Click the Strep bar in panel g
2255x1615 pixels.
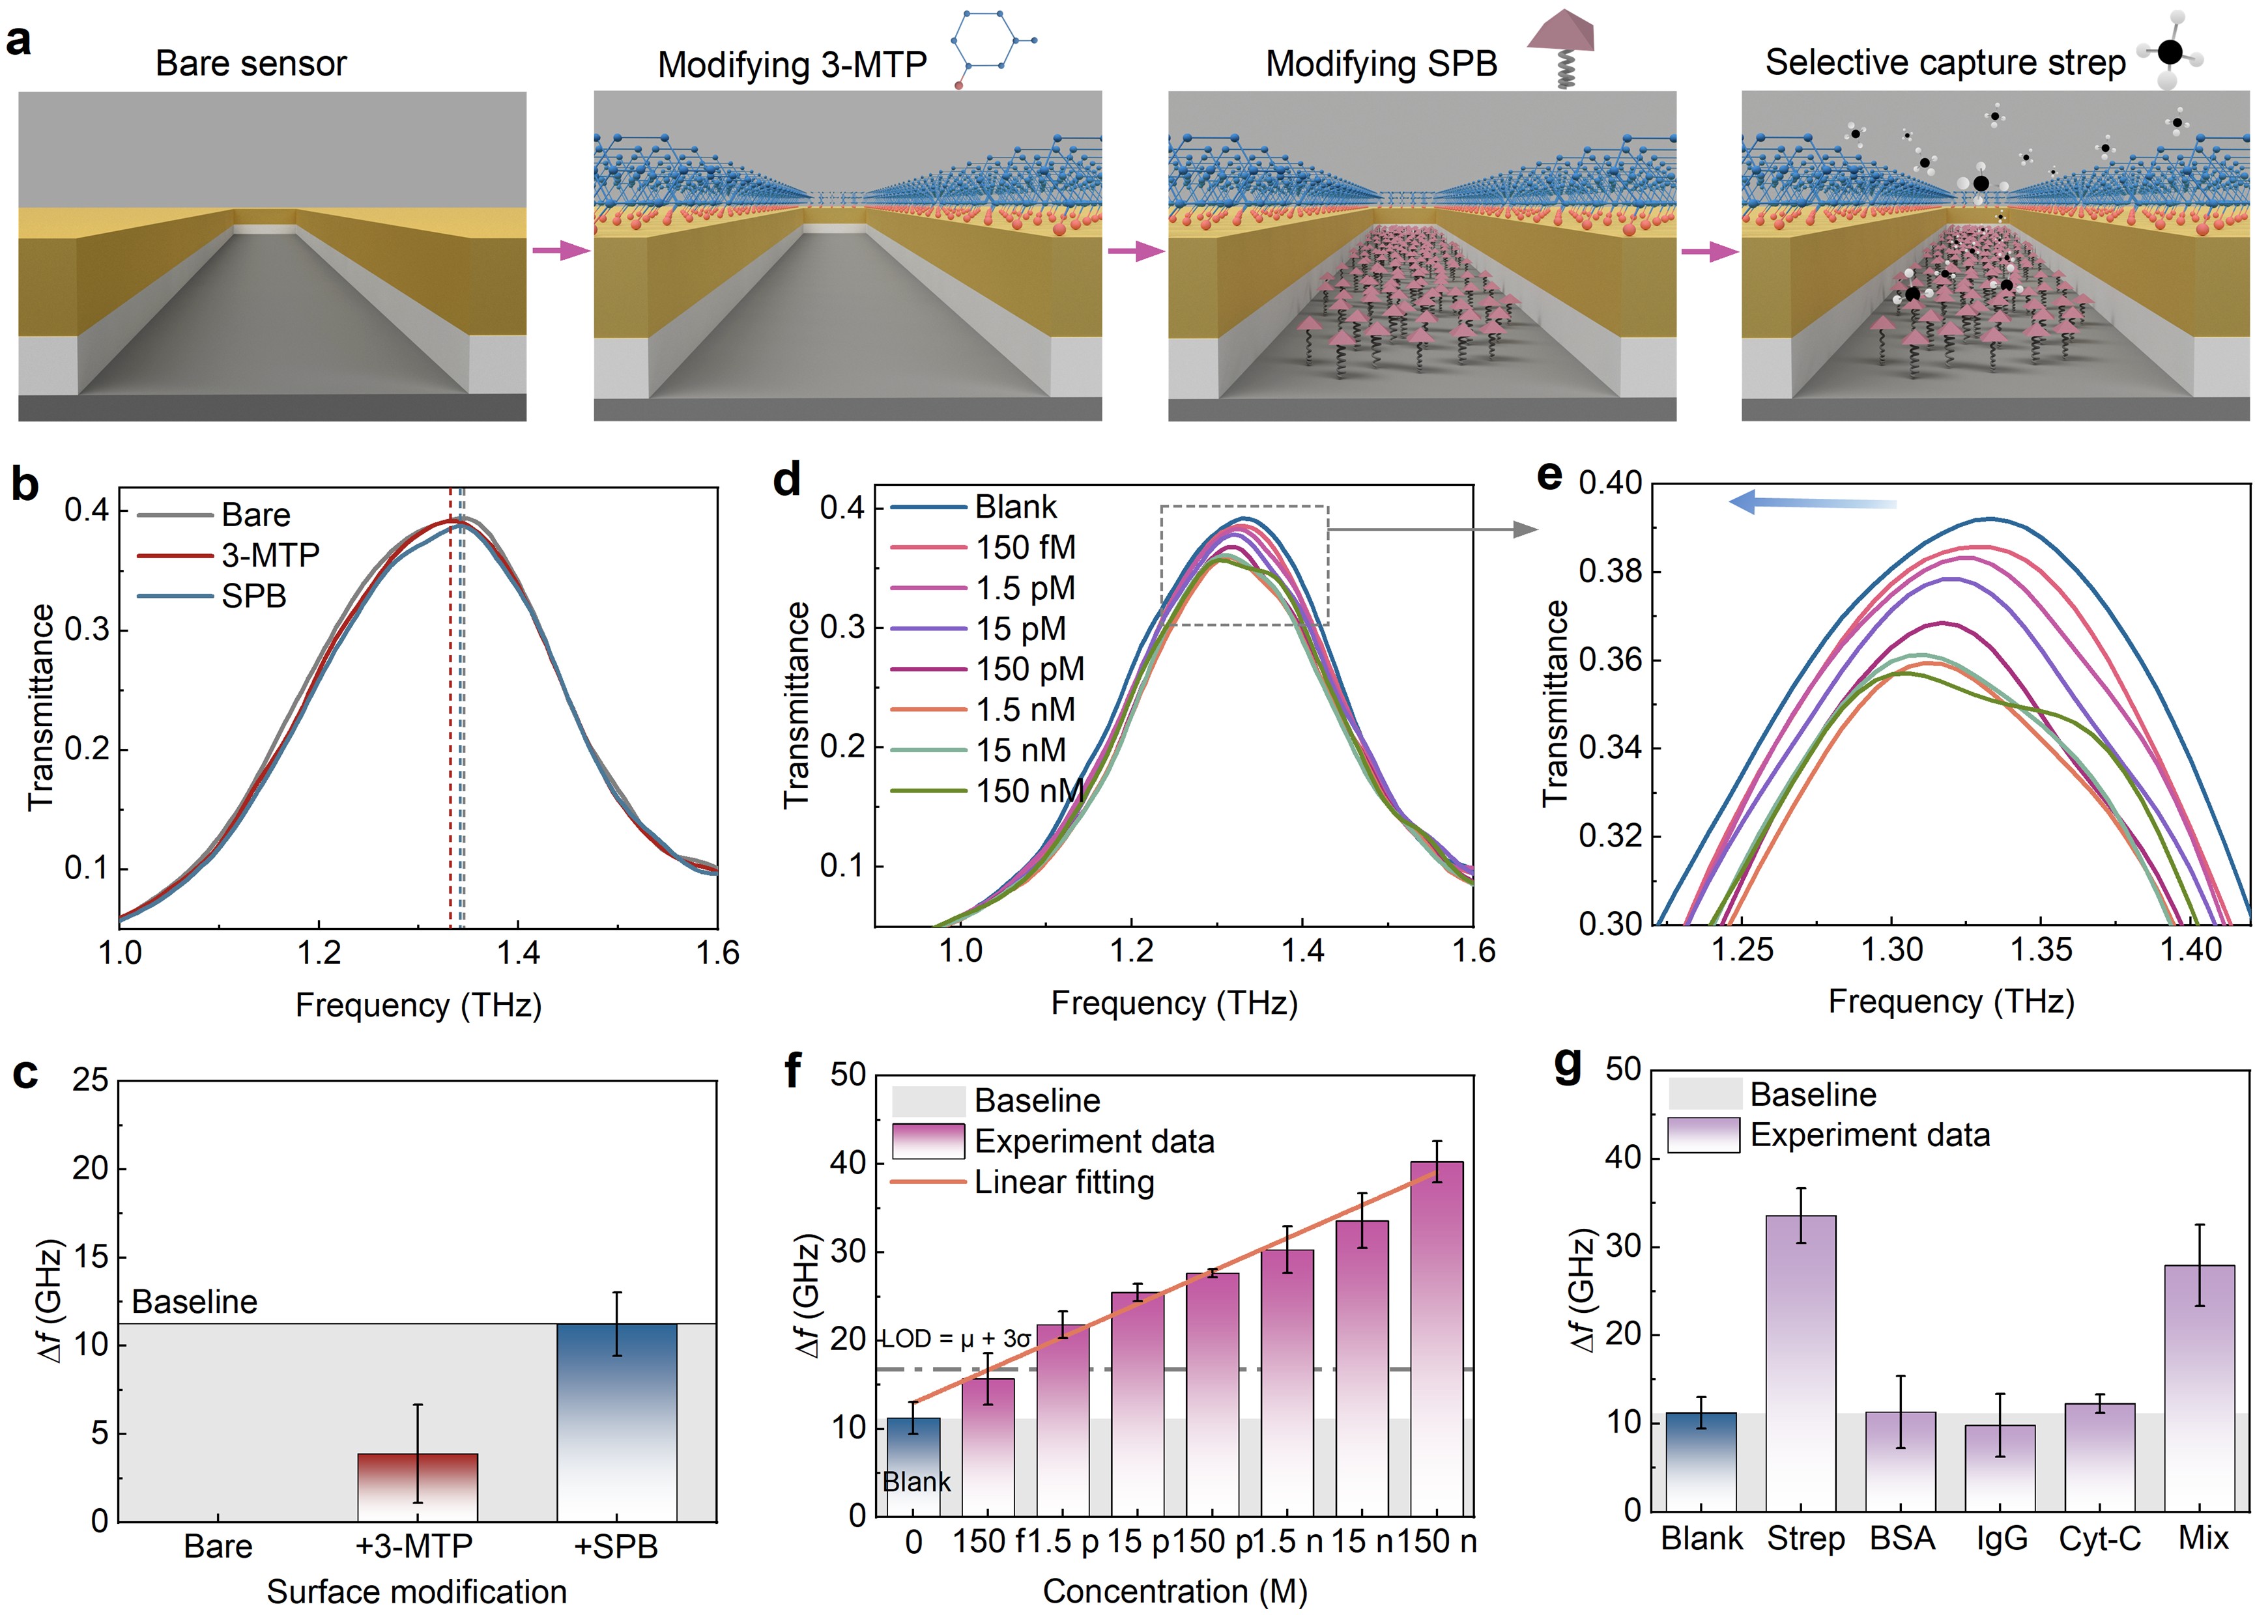click(x=1801, y=1362)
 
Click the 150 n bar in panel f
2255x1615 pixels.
click(x=1437, y=1337)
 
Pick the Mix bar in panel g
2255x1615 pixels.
click(x=2204, y=1386)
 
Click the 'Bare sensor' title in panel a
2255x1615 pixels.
click(x=251, y=64)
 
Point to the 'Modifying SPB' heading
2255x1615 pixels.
click(x=1381, y=64)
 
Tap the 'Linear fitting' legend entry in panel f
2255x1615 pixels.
click(x=1064, y=1182)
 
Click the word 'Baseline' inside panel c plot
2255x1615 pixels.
click(x=194, y=1301)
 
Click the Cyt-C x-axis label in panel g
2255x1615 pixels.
click(x=2099, y=1538)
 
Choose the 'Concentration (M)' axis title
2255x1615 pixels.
click(x=1174, y=1591)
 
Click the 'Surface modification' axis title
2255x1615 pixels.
click(x=416, y=1591)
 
